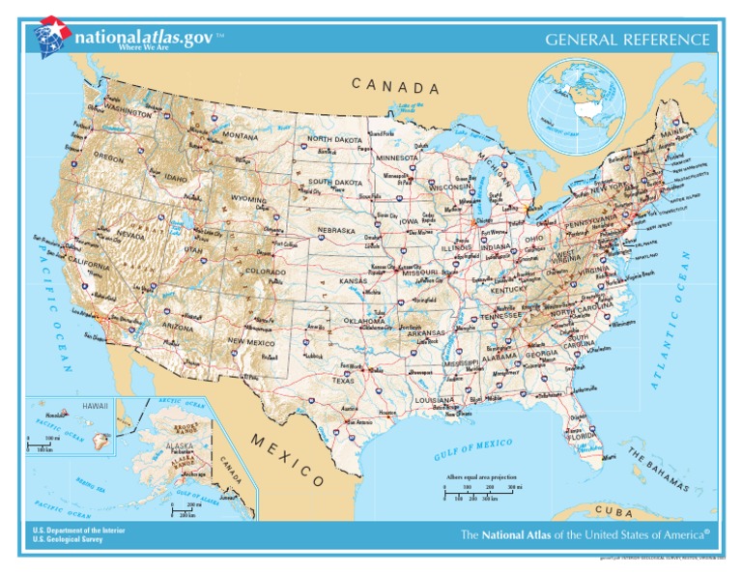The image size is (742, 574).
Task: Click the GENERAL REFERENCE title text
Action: [628, 40]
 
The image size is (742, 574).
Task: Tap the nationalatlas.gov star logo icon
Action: [52, 36]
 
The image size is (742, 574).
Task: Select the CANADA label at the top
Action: [395, 87]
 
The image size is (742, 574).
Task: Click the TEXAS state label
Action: [343, 381]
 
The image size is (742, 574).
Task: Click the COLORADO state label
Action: [265, 273]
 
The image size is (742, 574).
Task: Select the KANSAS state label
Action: [353, 281]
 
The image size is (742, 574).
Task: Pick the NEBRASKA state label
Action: [337, 231]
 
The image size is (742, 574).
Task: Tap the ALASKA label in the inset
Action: [180, 446]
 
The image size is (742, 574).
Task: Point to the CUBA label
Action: [614, 509]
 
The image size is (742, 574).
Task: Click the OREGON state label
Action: [107, 156]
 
